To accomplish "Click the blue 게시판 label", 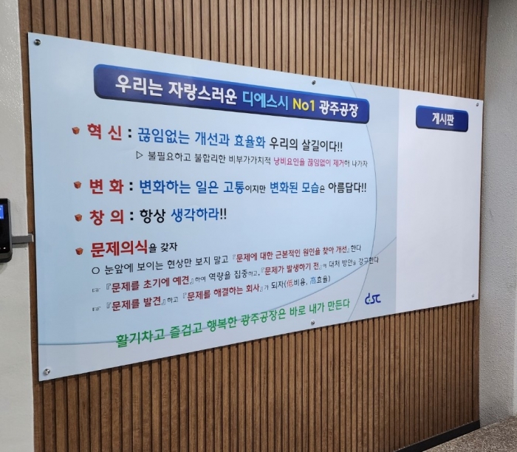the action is tap(442, 119).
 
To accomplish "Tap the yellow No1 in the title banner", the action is tap(304, 105).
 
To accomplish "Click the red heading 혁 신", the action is tap(105, 132).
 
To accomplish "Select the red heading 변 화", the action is tap(106, 186).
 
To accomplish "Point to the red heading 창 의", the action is tap(106, 217).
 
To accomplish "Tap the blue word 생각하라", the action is tap(195, 215).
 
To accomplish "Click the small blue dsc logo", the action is tap(373, 298).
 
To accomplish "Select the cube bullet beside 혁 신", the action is tap(76, 131).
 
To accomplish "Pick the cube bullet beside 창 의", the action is tap(78, 218).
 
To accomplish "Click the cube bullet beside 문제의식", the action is tap(79, 251).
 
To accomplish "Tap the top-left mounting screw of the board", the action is tap(37, 42).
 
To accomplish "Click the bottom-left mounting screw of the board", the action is tap(47, 371).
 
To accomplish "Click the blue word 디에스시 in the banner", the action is tap(266, 100).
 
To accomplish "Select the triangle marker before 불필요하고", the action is tap(140, 155).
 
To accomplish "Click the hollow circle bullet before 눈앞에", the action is tap(95, 270).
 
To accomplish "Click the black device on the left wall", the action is tap(6, 230).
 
